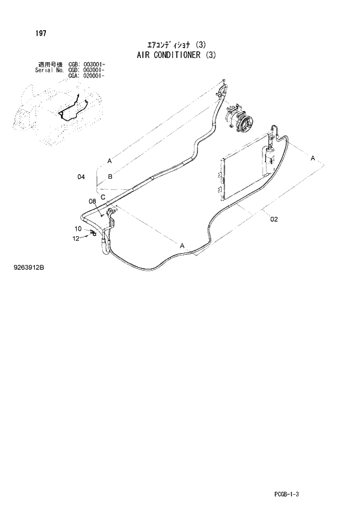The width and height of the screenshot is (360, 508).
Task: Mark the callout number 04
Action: pyautogui.click(x=81, y=176)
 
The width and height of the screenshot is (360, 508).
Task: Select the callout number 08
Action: pyautogui.click(x=92, y=201)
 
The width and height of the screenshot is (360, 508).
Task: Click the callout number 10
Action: pyautogui.click(x=78, y=228)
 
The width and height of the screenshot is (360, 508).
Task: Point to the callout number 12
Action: pyautogui.click(x=75, y=238)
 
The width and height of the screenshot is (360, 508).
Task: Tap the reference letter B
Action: pyautogui.click(x=110, y=175)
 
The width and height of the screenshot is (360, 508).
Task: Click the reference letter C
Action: pyautogui.click(x=102, y=197)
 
